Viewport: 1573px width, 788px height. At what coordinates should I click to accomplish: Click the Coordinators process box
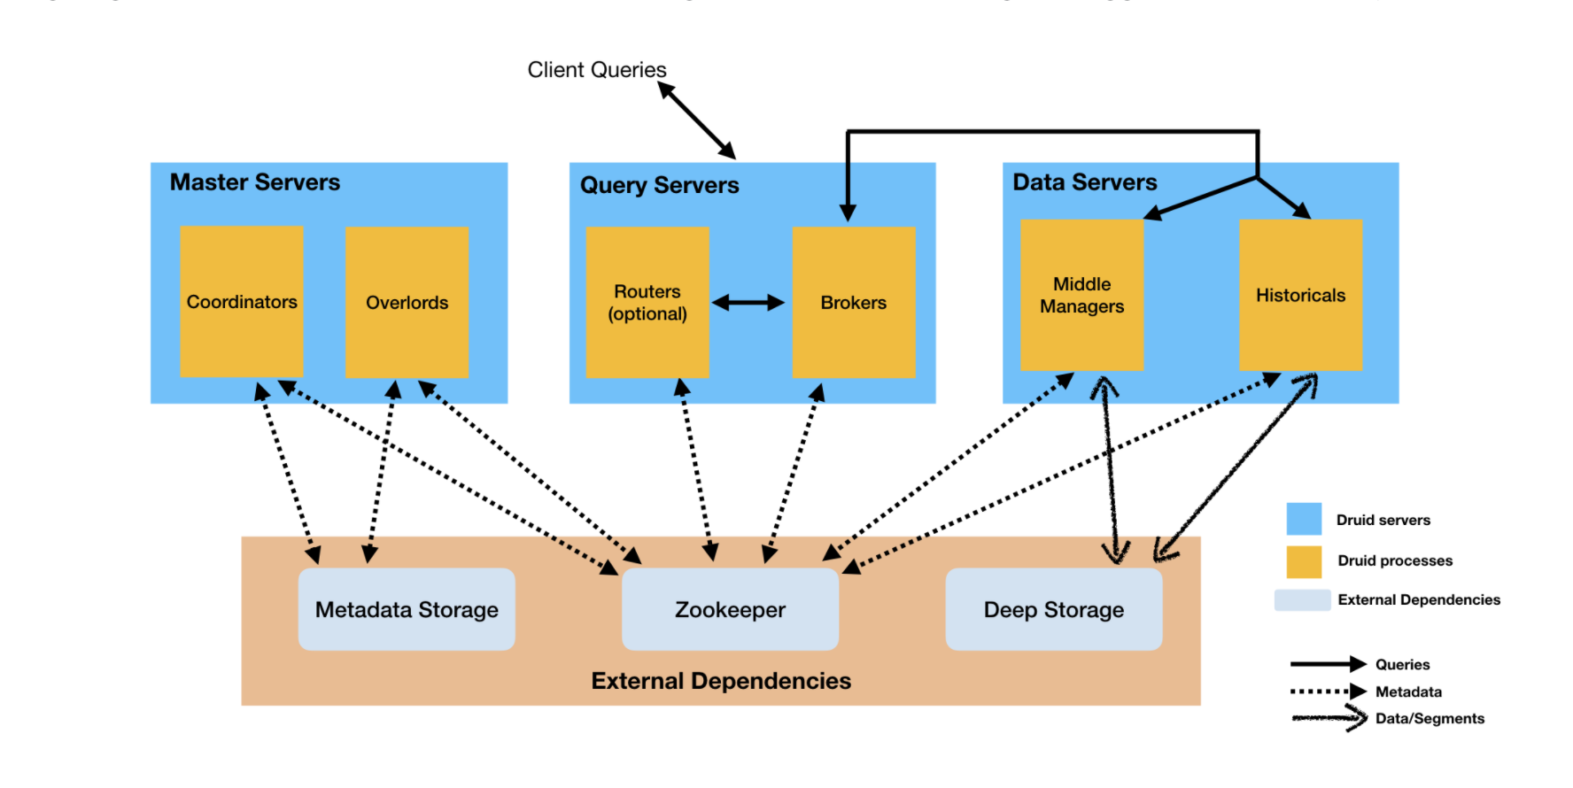242,302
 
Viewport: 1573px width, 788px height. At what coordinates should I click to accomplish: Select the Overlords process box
407,303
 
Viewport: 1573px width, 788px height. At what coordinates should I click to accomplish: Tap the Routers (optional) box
647,303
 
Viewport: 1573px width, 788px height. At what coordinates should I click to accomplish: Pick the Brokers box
854,303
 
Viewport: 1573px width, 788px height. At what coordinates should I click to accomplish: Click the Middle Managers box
1081,295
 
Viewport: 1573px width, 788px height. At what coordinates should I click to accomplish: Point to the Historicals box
1300,295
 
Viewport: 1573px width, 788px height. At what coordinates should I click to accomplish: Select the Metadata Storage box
407,610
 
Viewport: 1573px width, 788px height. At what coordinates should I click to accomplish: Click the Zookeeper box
730,610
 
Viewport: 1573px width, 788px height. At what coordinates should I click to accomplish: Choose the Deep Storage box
1054,610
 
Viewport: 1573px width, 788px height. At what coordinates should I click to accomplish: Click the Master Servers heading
255,182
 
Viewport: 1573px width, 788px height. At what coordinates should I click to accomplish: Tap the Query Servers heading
660,185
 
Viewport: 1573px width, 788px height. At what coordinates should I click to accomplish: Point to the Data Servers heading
1085,182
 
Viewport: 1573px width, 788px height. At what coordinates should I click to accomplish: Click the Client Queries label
597,70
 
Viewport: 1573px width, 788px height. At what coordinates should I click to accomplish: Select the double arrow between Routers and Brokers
748,303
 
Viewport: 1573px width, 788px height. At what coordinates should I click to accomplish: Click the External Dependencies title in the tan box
721,681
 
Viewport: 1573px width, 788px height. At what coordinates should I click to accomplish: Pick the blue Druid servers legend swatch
1304,519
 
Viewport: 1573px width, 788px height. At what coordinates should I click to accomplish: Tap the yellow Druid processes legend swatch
1304,561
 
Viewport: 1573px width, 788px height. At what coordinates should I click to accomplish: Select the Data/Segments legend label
1430,719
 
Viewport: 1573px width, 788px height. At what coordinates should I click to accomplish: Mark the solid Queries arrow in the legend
1328,664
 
